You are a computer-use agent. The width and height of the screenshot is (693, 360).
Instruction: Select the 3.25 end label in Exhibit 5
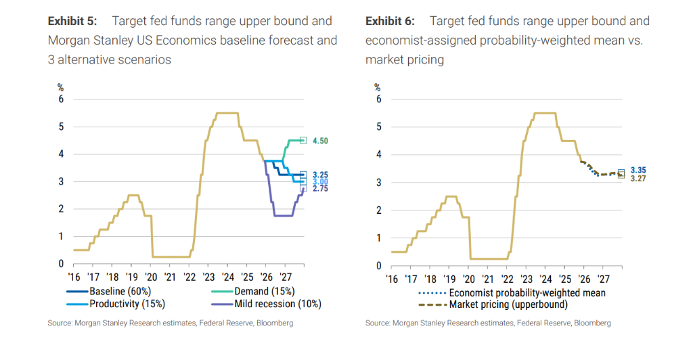(319, 175)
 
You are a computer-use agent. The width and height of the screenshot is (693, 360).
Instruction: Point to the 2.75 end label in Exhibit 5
(319, 190)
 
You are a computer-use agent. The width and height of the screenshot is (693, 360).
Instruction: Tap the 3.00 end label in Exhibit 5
(319, 182)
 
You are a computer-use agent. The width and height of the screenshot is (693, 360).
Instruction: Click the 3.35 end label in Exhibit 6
(638, 170)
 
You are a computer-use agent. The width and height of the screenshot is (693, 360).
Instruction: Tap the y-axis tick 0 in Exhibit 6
(378, 266)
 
